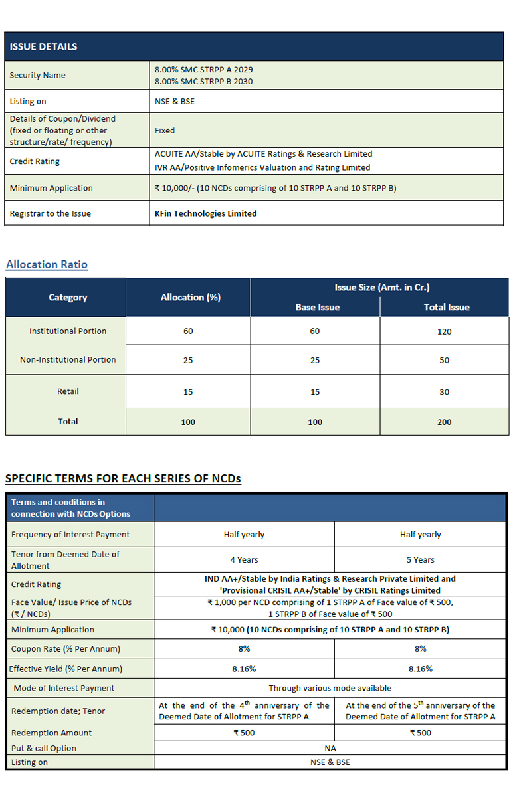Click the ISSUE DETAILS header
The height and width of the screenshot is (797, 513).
43,46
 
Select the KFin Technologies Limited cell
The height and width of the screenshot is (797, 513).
205,213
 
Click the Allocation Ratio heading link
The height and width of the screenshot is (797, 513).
47,264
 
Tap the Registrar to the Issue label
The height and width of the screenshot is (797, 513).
50,213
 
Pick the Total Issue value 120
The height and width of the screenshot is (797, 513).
444,331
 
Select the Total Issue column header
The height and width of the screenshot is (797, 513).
447,307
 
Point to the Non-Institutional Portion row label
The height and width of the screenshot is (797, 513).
68,359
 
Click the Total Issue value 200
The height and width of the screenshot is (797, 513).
444,422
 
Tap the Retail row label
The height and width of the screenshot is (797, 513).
68,391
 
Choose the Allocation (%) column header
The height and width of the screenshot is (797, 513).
190,297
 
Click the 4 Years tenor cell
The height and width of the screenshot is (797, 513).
244,559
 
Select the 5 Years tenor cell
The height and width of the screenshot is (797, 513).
420,559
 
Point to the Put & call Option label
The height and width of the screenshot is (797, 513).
44,748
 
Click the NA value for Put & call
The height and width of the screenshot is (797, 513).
330,748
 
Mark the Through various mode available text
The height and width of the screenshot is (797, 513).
330,688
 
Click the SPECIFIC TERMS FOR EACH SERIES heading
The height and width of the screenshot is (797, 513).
123,478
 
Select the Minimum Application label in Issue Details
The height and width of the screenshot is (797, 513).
51,188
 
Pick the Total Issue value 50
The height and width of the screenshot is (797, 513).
444,360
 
